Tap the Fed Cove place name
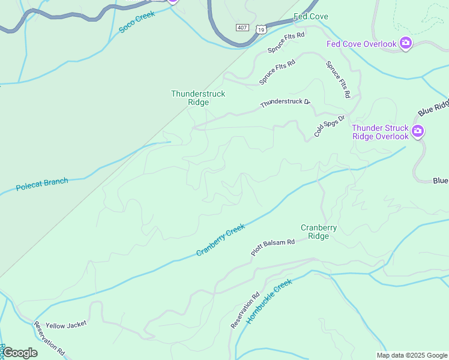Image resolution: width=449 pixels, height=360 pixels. click(310, 16)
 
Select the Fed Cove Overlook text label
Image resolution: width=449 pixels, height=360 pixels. click(361, 44)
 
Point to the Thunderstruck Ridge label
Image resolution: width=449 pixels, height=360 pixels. click(190, 98)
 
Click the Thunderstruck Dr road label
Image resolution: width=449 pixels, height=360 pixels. click(285, 103)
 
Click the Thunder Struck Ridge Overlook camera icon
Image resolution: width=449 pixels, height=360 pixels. click(418, 131)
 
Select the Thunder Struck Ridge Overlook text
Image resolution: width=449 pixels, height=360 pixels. click(380, 132)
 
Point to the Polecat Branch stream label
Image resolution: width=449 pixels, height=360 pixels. click(41, 185)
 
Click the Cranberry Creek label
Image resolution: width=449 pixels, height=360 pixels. click(220, 240)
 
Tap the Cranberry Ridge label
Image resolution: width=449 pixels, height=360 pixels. click(319, 232)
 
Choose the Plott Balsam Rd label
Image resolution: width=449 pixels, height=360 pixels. click(273, 248)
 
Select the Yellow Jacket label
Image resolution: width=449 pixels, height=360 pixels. click(66, 324)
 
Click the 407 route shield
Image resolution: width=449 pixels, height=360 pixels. click(242, 28)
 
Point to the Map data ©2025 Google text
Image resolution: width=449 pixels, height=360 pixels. click(412, 355)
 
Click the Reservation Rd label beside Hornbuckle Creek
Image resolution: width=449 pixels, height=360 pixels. click(244, 310)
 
